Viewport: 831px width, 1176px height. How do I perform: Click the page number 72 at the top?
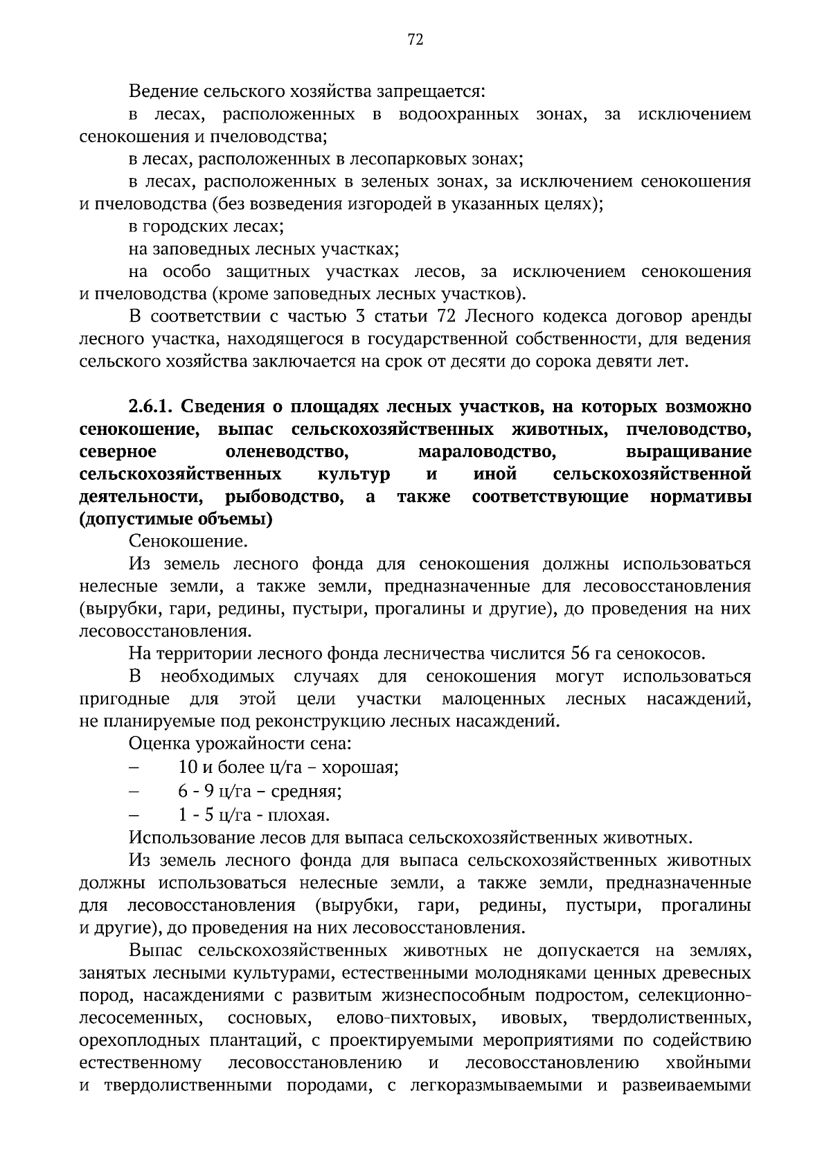(415, 40)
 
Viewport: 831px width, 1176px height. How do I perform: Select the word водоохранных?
(458, 114)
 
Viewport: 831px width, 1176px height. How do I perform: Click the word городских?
(184, 226)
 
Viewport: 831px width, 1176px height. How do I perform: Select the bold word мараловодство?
(488, 452)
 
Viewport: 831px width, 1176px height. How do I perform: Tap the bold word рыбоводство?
(285, 497)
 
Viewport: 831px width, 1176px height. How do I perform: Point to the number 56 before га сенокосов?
(579, 654)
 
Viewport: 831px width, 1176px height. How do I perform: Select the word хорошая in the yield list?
(360, 767)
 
